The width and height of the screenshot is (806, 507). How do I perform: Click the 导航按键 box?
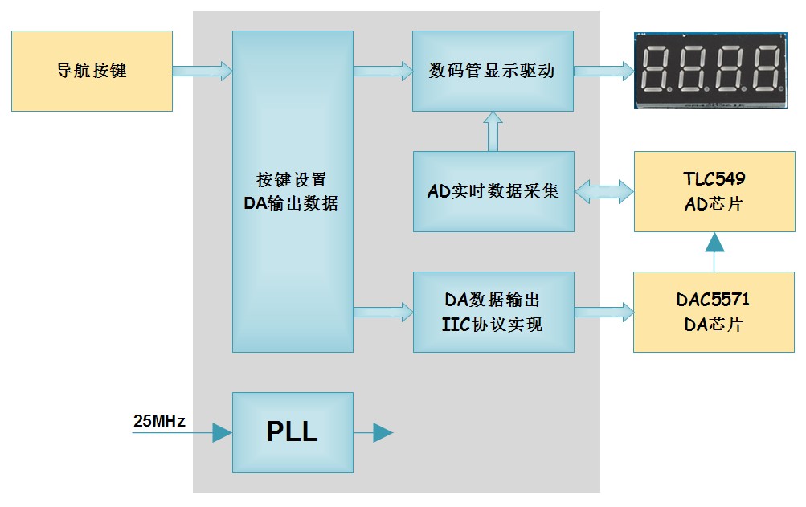tap(92, 71)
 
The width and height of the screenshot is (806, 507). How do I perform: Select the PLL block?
tap(293, 432)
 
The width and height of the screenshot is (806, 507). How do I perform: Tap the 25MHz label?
tap(159, 421)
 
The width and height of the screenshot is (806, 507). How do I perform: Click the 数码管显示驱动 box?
tap(493, 71)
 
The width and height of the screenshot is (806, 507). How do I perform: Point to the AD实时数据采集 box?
tap(493, 191)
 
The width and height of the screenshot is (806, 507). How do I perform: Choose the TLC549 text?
tap(714, 179)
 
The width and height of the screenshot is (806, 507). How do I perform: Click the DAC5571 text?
tap(714, 301)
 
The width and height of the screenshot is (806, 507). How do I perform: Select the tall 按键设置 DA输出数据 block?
tap(293, 191)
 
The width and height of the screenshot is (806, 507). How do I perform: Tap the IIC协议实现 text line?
tap(493, 325)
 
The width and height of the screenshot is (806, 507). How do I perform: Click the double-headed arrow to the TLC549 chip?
tap(604, 191)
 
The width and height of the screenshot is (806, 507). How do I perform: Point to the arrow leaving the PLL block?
tap(374, 433)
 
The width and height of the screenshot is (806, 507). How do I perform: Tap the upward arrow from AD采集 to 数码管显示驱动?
tap(493, 131)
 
